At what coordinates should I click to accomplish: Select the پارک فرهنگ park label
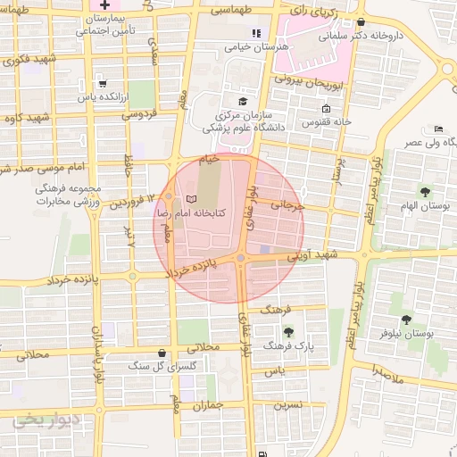(293, 345)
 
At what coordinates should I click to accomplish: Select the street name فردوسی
(137, 113)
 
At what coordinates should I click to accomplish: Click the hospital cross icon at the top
(105, 5)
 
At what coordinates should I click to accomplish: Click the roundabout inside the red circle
(241, 259)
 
